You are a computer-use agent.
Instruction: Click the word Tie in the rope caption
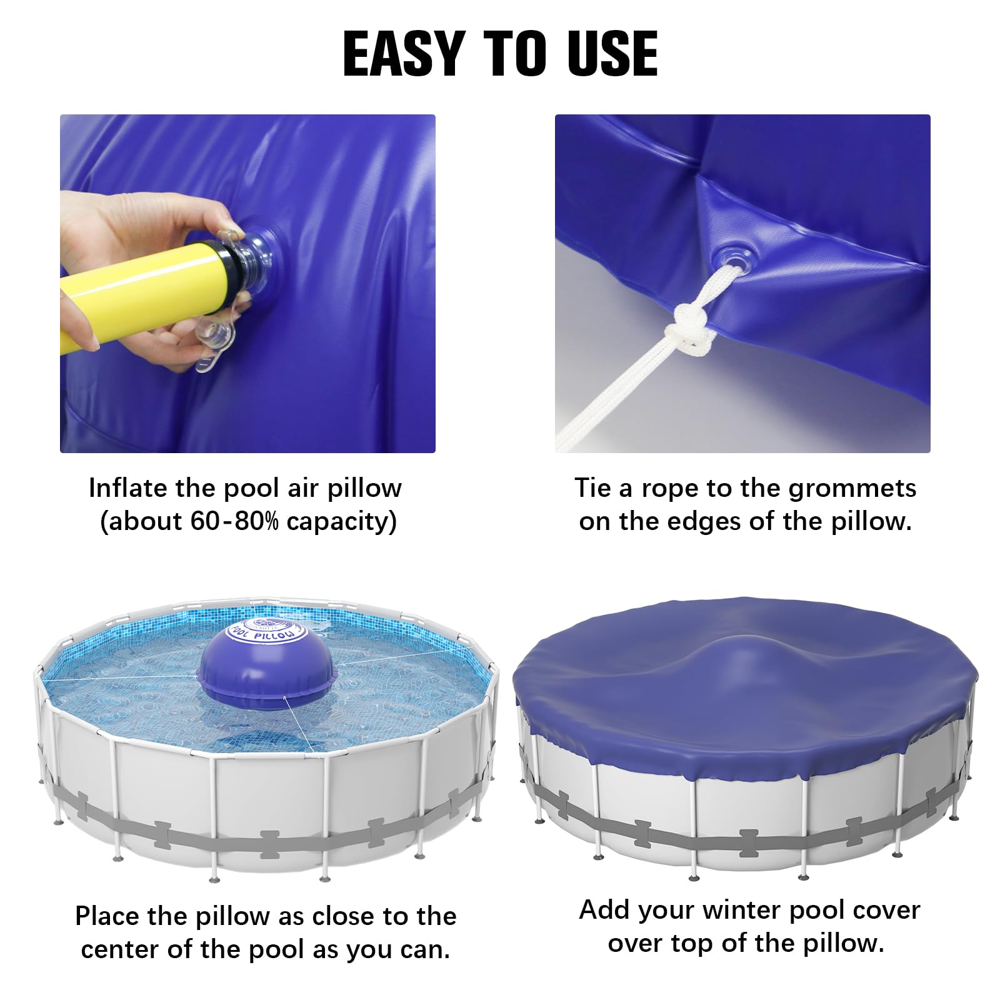click(594, 488)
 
